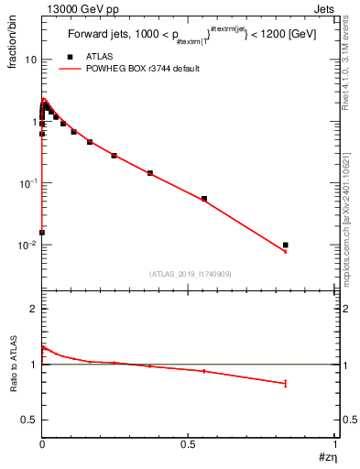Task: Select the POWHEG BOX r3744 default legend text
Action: (143, 69)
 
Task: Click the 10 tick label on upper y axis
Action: (30, 60)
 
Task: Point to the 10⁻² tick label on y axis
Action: (27, 245)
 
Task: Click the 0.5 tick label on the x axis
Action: (189, 444)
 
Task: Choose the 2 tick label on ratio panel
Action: (33, 310)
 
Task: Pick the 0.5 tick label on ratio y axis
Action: (29, 420)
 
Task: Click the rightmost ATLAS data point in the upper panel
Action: (286, 245)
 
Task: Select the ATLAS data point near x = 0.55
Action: (204, 198)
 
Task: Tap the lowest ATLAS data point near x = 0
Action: (42, 232)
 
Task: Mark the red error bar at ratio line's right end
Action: (286, 384)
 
